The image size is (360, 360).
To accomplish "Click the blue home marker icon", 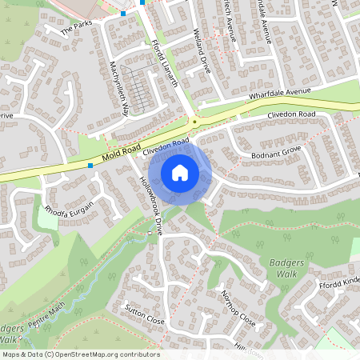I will pyautogui.click(x=180, y=173).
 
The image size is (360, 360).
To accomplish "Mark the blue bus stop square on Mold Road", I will pyautogui.click(x=90, y=166).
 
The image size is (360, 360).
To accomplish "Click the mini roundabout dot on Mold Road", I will pyautogui.click(x=194, y=122).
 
